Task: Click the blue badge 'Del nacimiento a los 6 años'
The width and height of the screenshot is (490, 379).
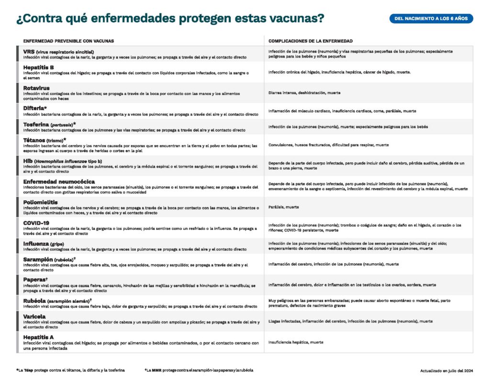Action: [x=431, y=19]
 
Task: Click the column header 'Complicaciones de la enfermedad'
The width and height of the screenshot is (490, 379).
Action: [x=311, y=41]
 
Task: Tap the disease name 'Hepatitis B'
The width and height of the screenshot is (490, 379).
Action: [x=38, y=68]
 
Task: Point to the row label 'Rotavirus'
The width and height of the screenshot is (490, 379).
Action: [x=36, y=88]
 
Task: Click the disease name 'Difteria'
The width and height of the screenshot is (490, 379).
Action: [x=35, y=108]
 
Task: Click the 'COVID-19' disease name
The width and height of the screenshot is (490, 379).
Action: [x=36, y=223]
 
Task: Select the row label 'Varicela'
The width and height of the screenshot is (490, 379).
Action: [x=34, y=316]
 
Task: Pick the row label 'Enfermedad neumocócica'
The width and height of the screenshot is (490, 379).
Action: [x=59, y=182]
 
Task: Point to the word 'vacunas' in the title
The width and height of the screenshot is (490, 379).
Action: [x=296, y=19]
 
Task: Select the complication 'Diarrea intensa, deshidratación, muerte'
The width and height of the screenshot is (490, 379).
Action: [x=304, y=92]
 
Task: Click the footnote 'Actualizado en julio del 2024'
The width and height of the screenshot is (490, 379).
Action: [x=446, y=370]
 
